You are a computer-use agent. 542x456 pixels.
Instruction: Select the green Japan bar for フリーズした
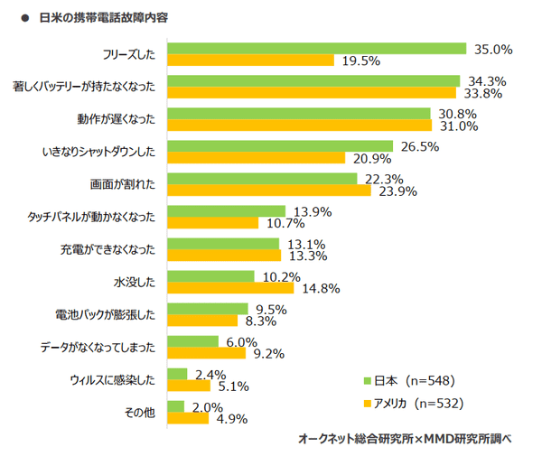pyautogui.click(x=316, y=49)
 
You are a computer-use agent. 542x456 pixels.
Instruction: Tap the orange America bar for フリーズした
pyautogui.click(x=250, y=61)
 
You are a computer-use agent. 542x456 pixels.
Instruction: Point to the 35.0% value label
pyautogui.click(x=492, y=49)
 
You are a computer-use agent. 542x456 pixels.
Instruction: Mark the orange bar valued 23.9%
pyautogui.click(x=269, y=190)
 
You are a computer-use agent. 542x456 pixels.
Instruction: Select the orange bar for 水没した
pyautogui.click(x=230, y=289)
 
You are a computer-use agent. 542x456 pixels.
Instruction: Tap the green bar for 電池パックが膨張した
pyautogui.click(x=208, y=308)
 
